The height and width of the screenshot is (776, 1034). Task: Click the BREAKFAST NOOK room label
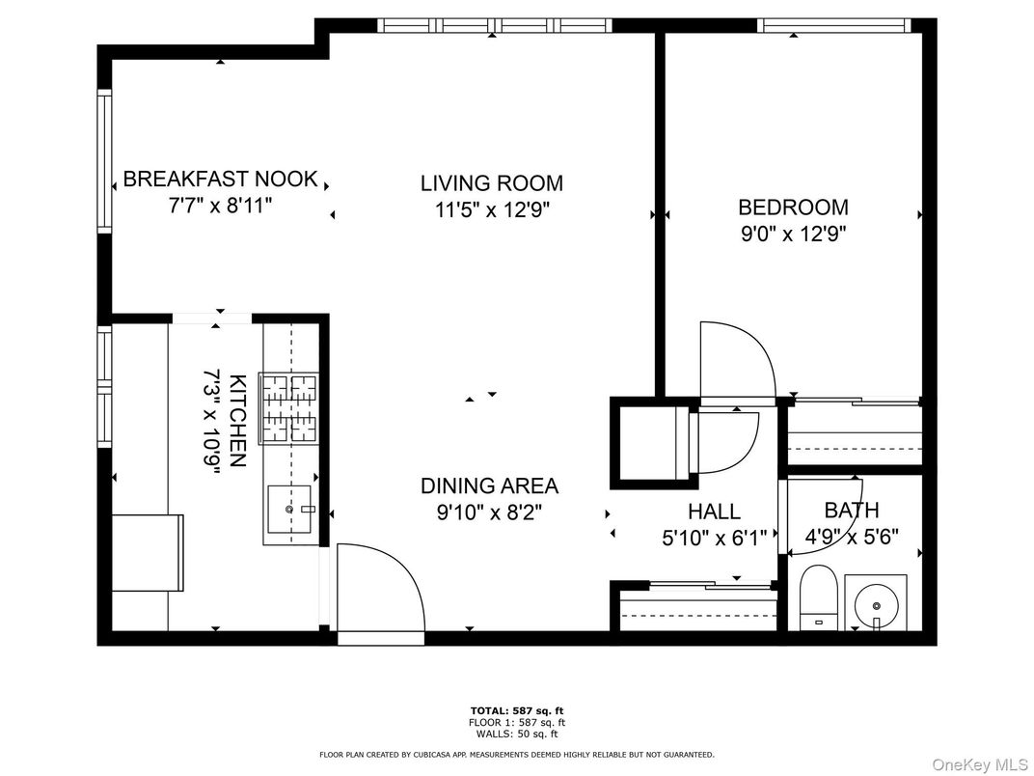coord(221,180)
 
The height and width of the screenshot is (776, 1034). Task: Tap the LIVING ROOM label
coord(491,183)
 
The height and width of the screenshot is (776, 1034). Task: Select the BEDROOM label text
coord(793,207)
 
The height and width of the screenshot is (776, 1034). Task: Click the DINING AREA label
coord(489,486)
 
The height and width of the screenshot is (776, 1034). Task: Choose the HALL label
coord(714,512)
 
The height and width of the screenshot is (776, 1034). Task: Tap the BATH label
coord(851,511)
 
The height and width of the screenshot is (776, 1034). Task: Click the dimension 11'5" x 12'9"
coord(491,209)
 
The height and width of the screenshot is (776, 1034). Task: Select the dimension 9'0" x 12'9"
coord(793,233)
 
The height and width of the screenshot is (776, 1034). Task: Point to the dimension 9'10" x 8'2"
coord(489,513)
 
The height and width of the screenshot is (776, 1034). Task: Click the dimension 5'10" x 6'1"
coord(714,538)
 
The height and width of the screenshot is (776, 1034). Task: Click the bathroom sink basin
coord(876,602)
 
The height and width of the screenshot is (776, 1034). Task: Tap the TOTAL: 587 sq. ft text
coord(516,710)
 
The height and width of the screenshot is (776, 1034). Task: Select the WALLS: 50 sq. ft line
coord(516,734)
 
